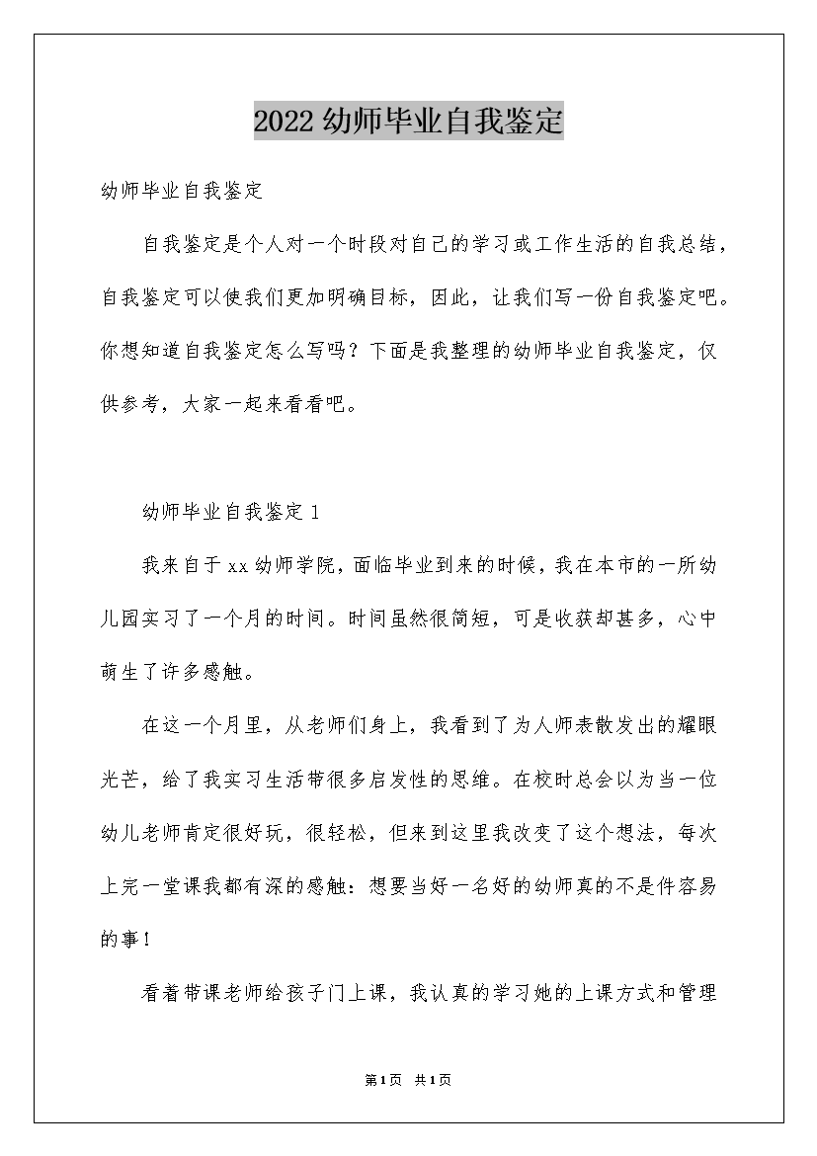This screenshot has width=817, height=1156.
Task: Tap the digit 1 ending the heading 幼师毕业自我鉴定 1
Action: (x=313, y=512)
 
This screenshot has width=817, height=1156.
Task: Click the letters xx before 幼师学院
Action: (x=237, y=565)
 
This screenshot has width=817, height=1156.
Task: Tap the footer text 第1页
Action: (x=381, y=1081)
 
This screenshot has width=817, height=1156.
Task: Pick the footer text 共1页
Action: (x=434, y=1081)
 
